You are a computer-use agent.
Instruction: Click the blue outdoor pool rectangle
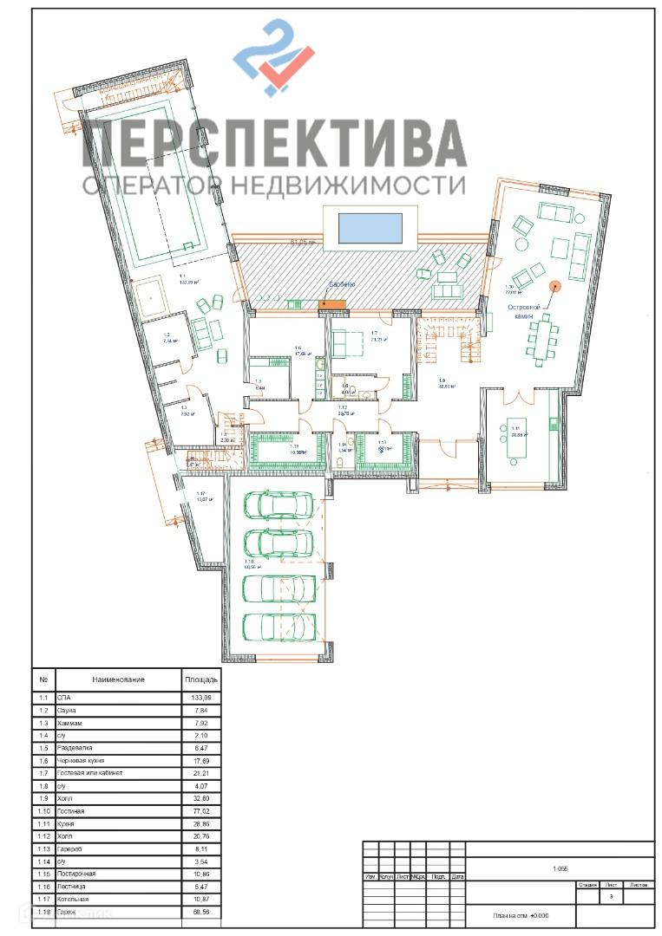370,228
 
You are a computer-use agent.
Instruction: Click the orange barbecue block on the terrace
332,303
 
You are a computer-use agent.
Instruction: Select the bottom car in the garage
279,626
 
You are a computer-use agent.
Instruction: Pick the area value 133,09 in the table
200,698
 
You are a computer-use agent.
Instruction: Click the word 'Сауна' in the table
67,710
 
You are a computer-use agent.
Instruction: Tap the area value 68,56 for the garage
200,913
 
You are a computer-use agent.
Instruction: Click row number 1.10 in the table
43,811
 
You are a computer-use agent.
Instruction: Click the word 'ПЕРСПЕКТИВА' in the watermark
274,143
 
